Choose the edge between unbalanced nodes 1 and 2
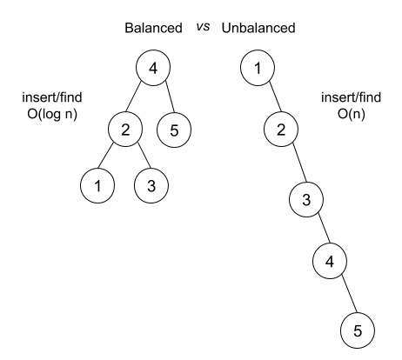point(269,100)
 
